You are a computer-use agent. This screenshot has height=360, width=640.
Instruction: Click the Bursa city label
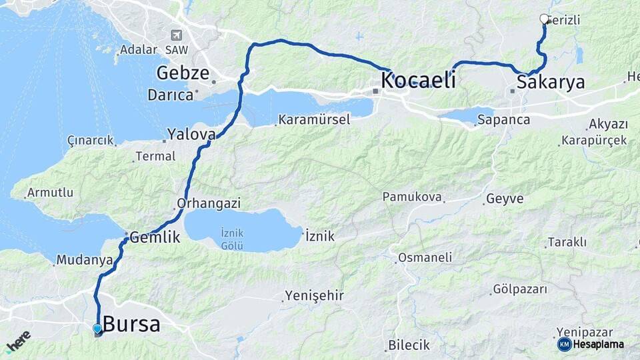131,325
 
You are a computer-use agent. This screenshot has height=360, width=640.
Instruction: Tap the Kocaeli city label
419,81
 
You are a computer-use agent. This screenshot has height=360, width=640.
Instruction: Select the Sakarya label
551,83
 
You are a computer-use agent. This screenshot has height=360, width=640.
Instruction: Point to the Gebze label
183,73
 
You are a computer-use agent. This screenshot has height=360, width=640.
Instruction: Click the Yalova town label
191,134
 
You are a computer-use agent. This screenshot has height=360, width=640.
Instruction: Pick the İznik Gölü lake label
232,237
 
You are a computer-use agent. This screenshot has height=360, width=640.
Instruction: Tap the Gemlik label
155,236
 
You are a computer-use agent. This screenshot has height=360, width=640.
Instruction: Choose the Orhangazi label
209,203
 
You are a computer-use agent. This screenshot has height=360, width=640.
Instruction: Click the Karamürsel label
313,121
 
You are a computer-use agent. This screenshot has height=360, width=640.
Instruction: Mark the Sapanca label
503,121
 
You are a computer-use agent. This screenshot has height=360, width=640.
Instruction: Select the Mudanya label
84,260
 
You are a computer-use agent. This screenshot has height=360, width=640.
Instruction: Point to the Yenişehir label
314,295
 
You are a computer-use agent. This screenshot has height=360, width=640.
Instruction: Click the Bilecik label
410,345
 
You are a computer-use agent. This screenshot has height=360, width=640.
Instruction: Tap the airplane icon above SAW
176,35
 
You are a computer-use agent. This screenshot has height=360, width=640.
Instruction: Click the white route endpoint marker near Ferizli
544,19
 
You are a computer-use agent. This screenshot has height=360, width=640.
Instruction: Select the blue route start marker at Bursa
97,329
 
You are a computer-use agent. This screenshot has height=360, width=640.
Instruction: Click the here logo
18,340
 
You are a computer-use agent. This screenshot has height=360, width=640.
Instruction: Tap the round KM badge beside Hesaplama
564,344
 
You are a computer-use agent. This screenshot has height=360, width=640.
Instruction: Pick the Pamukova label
412,197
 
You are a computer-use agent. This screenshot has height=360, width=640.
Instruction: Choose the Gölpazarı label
520,289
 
